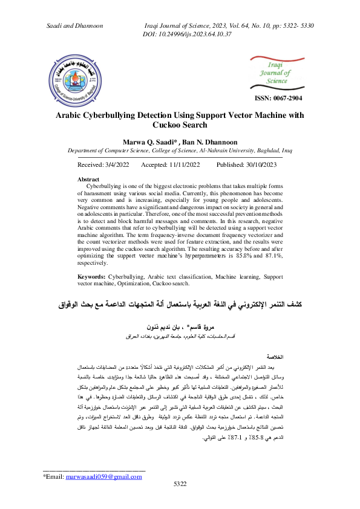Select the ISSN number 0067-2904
[278, 98]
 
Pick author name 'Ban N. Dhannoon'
[201, 140]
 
